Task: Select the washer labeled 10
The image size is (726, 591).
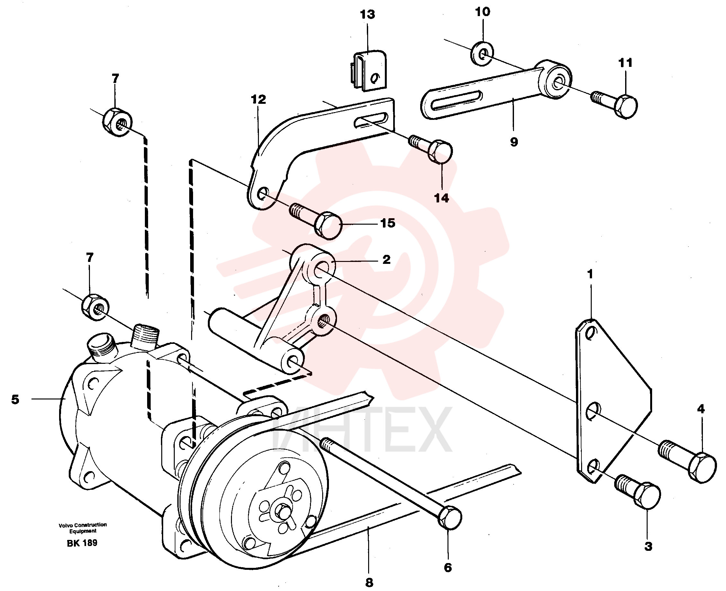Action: pos(482,54)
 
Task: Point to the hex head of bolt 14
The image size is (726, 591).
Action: pos(440,152)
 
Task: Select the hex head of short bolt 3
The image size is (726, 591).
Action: pos(647,496)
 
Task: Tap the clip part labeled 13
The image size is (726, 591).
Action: pos(369,70)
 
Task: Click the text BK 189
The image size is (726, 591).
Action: pos(82,543)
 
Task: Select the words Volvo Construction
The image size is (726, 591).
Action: pos(83,525)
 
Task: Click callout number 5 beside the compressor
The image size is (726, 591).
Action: pos(15,399)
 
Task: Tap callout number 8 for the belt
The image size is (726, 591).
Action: pos(369,583)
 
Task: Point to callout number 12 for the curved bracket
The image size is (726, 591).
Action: pos(258,99)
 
